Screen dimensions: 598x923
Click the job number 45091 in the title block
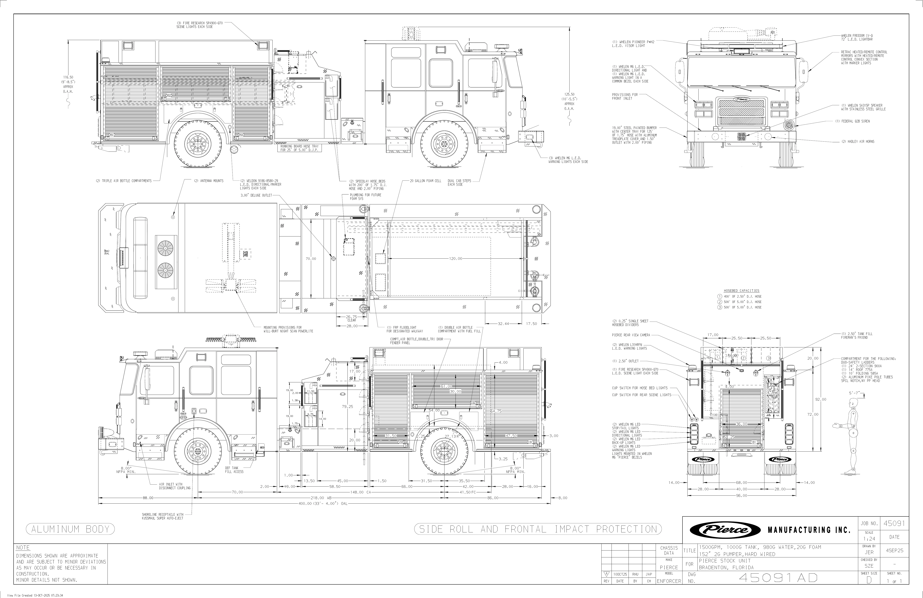pos(894,524)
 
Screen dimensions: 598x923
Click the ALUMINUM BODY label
pos(70,529)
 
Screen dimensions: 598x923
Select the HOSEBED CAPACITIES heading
pos(741,290)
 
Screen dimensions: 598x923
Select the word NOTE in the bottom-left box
pos(23,547)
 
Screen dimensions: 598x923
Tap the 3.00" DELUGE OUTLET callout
pos(256,195)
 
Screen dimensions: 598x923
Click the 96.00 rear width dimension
pos(741,495)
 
